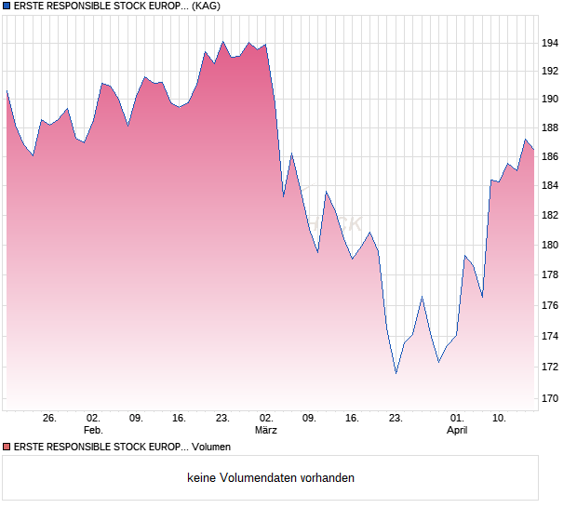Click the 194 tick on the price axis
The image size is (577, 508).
550,43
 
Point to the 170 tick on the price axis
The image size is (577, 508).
550,398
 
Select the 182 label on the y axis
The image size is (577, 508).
550,215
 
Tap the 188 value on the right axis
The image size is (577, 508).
550,127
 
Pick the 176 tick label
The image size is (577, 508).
550,305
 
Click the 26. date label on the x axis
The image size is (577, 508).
49,418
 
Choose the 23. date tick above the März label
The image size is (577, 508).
222,418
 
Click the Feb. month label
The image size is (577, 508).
93,430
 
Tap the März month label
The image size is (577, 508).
266,430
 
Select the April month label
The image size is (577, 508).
457,430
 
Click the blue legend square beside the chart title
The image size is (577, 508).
7,6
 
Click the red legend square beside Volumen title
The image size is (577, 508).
7,448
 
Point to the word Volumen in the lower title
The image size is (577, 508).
211,448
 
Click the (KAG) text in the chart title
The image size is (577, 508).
206,6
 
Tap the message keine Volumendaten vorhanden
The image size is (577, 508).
271,478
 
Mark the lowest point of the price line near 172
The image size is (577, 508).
396,373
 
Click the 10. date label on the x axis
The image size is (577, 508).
500,418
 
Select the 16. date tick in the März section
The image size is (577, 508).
352,418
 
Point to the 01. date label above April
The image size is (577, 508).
457,418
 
